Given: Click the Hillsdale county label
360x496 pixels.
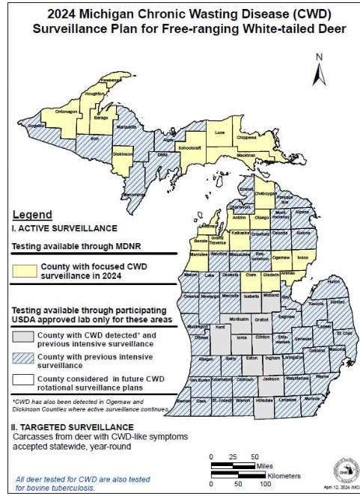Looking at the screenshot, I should click(266, 401).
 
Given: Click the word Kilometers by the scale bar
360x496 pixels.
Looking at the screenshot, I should click(280, 475).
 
